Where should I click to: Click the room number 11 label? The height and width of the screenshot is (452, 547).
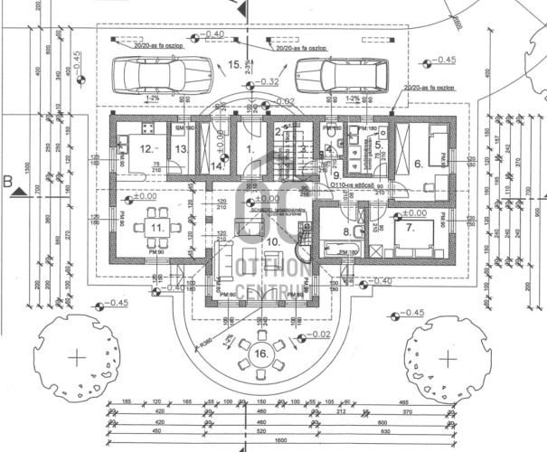(158, 228)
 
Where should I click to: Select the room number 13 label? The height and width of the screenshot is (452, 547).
(180, 149)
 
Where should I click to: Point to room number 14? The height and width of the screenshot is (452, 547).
(217, 165)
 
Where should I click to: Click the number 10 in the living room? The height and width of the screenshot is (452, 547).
(272, 242)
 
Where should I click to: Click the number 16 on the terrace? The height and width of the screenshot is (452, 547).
(261, 353)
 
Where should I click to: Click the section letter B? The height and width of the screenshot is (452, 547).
(7, 181)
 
